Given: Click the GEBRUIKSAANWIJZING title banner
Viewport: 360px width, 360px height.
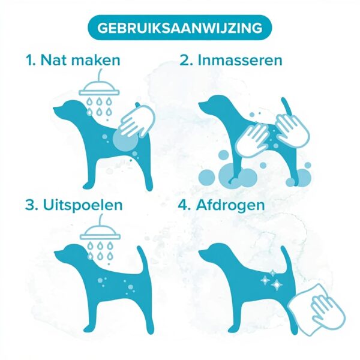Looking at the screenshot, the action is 180,28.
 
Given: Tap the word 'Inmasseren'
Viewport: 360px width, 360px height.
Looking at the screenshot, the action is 240,60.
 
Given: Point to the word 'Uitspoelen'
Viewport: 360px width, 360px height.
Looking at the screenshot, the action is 83,205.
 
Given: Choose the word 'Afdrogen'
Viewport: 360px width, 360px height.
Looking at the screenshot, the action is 230,205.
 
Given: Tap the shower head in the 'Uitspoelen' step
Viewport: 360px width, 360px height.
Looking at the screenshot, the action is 100,232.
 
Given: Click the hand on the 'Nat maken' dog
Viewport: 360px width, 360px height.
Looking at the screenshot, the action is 136,121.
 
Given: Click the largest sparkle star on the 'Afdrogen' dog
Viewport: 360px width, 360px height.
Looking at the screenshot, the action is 277,284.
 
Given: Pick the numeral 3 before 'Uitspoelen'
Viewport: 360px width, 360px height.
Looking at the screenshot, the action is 31,205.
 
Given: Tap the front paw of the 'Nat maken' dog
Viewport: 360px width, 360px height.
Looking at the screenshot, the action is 88,185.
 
